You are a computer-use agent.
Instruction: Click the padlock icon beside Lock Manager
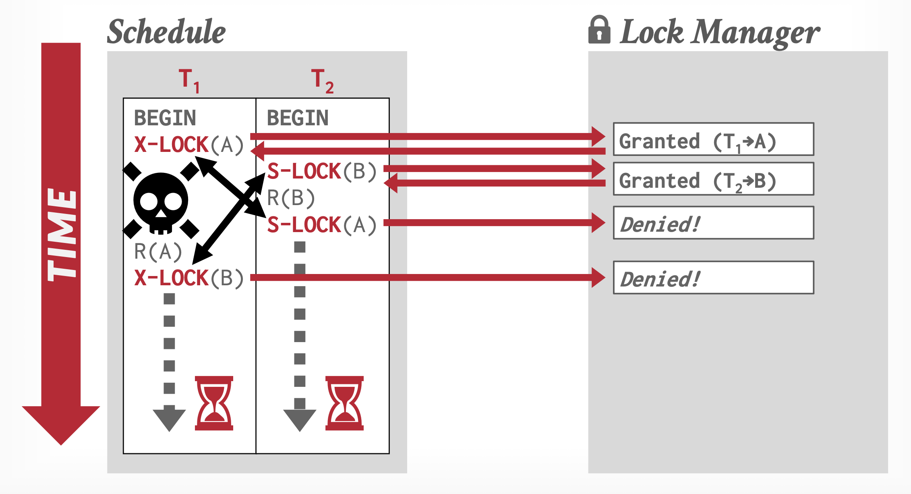click(x=599, y=30)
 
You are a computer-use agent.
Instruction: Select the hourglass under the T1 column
click(x=214, y=403)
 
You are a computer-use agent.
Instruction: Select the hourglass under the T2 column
click(x=344, y=403)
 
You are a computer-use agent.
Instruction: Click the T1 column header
click(x=189, y=80)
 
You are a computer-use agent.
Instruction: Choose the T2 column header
click(x=322, y=80)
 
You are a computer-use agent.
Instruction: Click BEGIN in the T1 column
click(x=165, y=118)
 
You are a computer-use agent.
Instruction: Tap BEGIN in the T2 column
click(x=298, y=118)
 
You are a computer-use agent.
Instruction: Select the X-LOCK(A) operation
click(x=189, y=144)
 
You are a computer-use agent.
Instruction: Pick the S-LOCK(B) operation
click(x=322, y=171)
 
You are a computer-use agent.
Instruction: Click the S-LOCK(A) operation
click(x=322, y=225)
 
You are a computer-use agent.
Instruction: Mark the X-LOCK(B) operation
click(x=189, y=278)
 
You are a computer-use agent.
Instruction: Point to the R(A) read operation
click(x=158, y=252)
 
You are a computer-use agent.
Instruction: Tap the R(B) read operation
click(x=291, y=198)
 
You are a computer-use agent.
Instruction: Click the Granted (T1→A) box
click(x=713, y=139)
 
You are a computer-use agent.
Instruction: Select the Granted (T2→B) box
click(x=713, y=179)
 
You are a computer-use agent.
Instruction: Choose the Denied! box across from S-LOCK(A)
click(x=713, y=223)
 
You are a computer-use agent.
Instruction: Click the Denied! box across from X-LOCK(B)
click(x=713, y=278)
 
